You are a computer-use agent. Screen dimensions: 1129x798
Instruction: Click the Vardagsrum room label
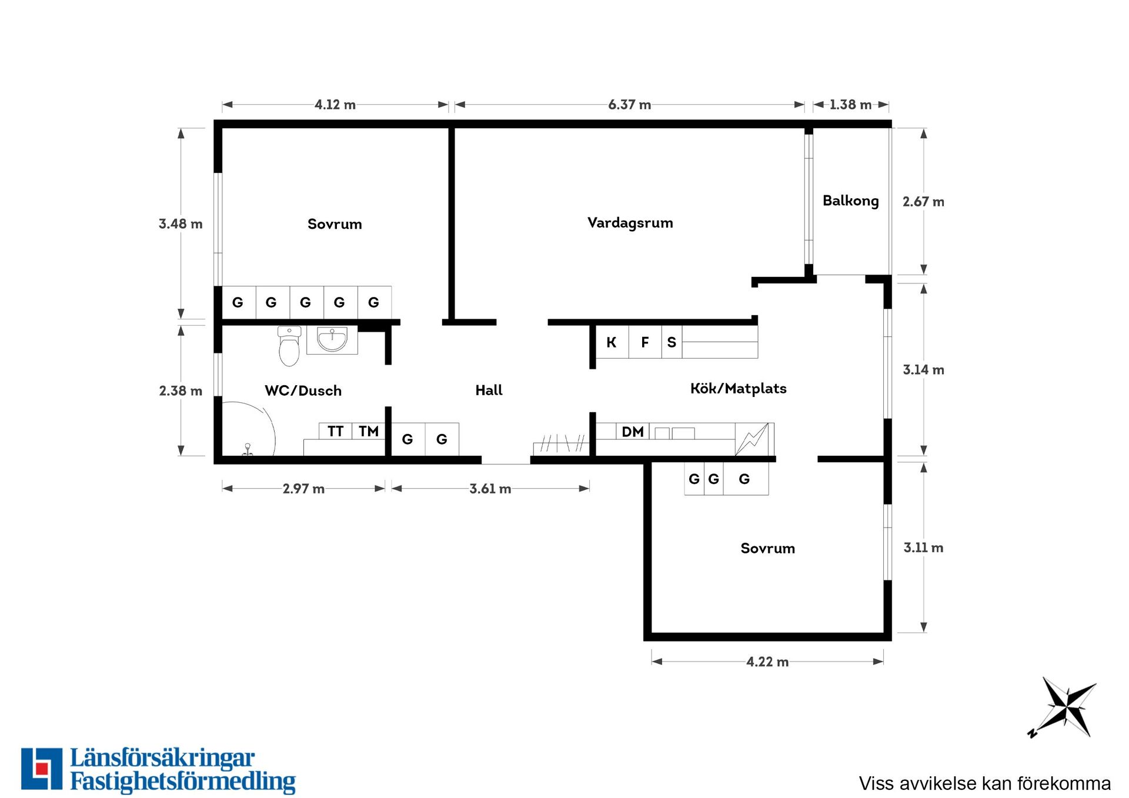(x=630, y=223)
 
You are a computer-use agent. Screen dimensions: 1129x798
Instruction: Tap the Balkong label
(x=850, y=201)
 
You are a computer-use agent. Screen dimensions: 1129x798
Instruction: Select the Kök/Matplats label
(x=738, y=388)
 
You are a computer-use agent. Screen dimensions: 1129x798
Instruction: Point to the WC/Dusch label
(x=303, y=390)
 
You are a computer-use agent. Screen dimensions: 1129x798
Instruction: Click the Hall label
(x=489, y=390)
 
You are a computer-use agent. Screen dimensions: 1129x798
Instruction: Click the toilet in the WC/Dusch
(x=289, y=346)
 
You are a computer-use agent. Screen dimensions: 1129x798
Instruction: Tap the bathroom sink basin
(x=332, y=340)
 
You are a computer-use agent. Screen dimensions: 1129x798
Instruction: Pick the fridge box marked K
(x=612, y=342)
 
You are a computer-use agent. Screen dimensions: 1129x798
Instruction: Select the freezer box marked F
(x=645, y=342)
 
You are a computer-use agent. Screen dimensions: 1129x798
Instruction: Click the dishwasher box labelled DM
(x=633, y=432)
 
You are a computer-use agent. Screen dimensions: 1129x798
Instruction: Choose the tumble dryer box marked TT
(x=336, y=431)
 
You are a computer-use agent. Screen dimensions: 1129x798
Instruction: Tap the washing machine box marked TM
(x=369, y=431)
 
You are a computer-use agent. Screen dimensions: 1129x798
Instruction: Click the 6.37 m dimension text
(x=630, y=105)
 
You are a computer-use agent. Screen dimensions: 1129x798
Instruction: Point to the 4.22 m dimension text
(x=767, y=662)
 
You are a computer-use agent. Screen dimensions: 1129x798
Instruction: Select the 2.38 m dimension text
(x=181, y=390)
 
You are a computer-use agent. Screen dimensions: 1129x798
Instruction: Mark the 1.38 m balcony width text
(x=850, y=105)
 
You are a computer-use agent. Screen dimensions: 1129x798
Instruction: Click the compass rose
(x=1063, y=707)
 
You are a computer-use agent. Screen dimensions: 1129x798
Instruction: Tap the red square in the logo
(x=42, y=769)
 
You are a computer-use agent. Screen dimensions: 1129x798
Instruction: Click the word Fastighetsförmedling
(x=183, y=782)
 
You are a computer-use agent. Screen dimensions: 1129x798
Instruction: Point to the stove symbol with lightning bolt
(x=752, y=439)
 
